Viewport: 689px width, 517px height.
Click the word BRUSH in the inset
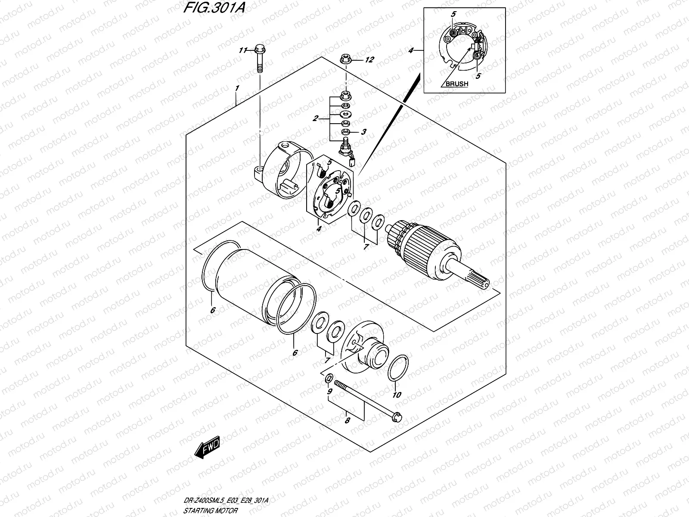point(456,84)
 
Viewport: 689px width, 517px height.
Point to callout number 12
point(370,60)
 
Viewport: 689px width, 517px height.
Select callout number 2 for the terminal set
point(316,118)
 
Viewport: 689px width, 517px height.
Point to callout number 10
point(397,395)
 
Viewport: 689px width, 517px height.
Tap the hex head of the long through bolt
point(397,416)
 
